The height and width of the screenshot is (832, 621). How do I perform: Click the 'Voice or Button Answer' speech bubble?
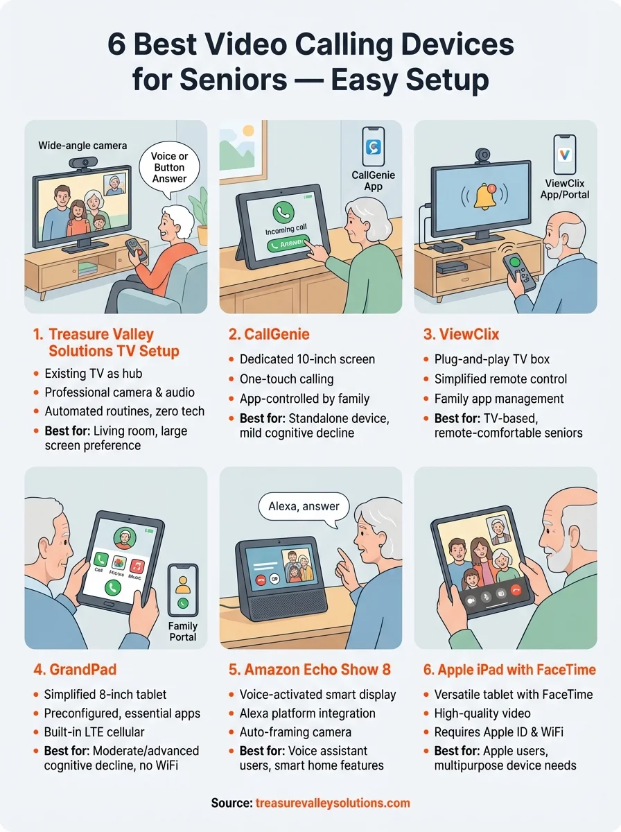(x=170, y=168)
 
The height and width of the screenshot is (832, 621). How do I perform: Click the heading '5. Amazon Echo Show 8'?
(x=310, y=670)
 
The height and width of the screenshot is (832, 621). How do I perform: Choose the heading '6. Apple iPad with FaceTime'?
(x=509, y=670)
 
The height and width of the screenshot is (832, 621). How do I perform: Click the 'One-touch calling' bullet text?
(x=286, y=379)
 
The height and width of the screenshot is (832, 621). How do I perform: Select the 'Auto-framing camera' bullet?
(x=295, y=732)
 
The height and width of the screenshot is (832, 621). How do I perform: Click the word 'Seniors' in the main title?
(x=229, y=80)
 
